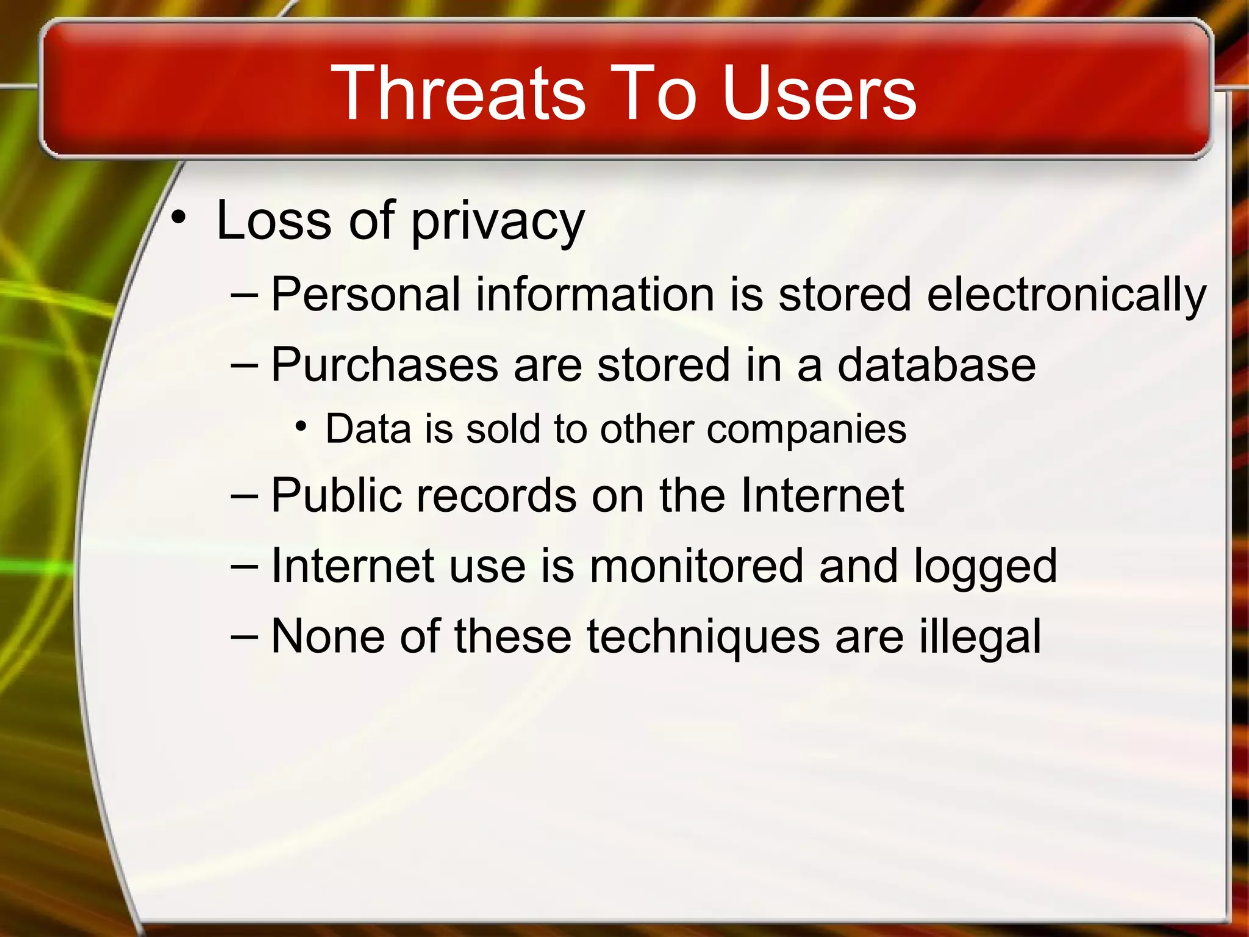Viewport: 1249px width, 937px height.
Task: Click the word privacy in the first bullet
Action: click(498, 221)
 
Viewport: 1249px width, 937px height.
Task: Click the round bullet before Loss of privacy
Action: click(177, 218)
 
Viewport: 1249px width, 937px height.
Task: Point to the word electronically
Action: click(1066, 295)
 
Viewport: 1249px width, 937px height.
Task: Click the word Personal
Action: click(365, 294)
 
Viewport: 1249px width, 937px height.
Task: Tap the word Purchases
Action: click(385, 365)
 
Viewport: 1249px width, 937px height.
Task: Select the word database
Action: click(936, 365)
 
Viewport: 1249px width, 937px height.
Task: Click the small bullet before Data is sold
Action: click(301, 426)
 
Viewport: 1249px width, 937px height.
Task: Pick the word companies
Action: click(806, 430)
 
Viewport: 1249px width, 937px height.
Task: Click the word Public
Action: click(336, 495)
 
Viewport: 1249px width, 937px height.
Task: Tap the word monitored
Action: click(696, 565)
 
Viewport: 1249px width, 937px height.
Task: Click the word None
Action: click(327, 636)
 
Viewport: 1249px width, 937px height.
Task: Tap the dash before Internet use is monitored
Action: click(245, 565)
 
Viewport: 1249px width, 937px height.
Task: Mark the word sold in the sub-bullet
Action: click(503, 429)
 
